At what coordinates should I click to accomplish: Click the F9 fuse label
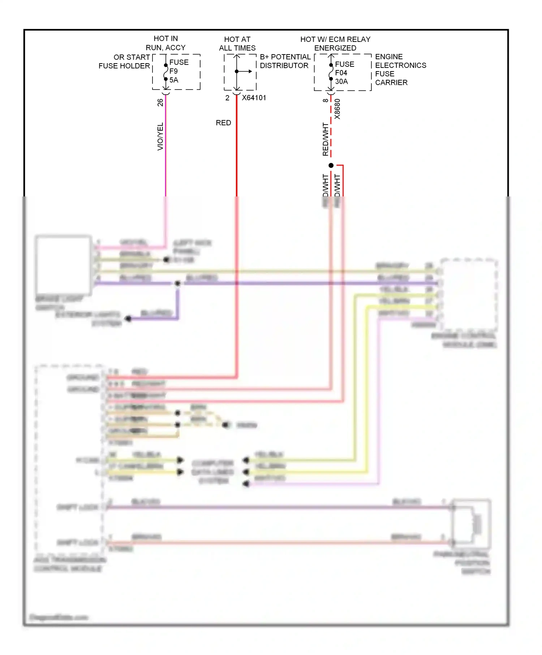click(x=173, y=71)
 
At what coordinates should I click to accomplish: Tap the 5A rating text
click(x=174, y=80)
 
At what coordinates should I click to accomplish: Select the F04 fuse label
click(x=341, y=73)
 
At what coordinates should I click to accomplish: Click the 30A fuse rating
click(x=341, y=82)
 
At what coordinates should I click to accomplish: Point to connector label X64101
click(x=254, y=98)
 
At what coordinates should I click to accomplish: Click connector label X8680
click(x=337, y=109)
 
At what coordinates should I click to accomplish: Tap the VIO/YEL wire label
click(x=160, y=136)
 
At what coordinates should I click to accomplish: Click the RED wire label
click(x=223, y=123)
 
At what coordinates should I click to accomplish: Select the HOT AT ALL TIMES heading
click(x=237, y=44)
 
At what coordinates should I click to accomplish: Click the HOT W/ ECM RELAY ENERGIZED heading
click(x=335, y=44)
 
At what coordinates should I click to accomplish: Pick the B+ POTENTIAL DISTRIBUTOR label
click(x=285, y=61)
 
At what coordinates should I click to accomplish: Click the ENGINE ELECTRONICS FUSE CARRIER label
click(x=400, y=70)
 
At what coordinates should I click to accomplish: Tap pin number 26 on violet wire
click(x=160, y=103)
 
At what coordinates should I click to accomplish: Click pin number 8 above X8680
click(x=326, y=100)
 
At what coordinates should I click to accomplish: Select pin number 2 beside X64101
click(x=227, y=98)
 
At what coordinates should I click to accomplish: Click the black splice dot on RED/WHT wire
click(x=331, y=165)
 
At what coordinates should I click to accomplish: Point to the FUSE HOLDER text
click(x=124, y=66)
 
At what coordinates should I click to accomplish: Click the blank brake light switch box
click(x=63, y=265)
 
